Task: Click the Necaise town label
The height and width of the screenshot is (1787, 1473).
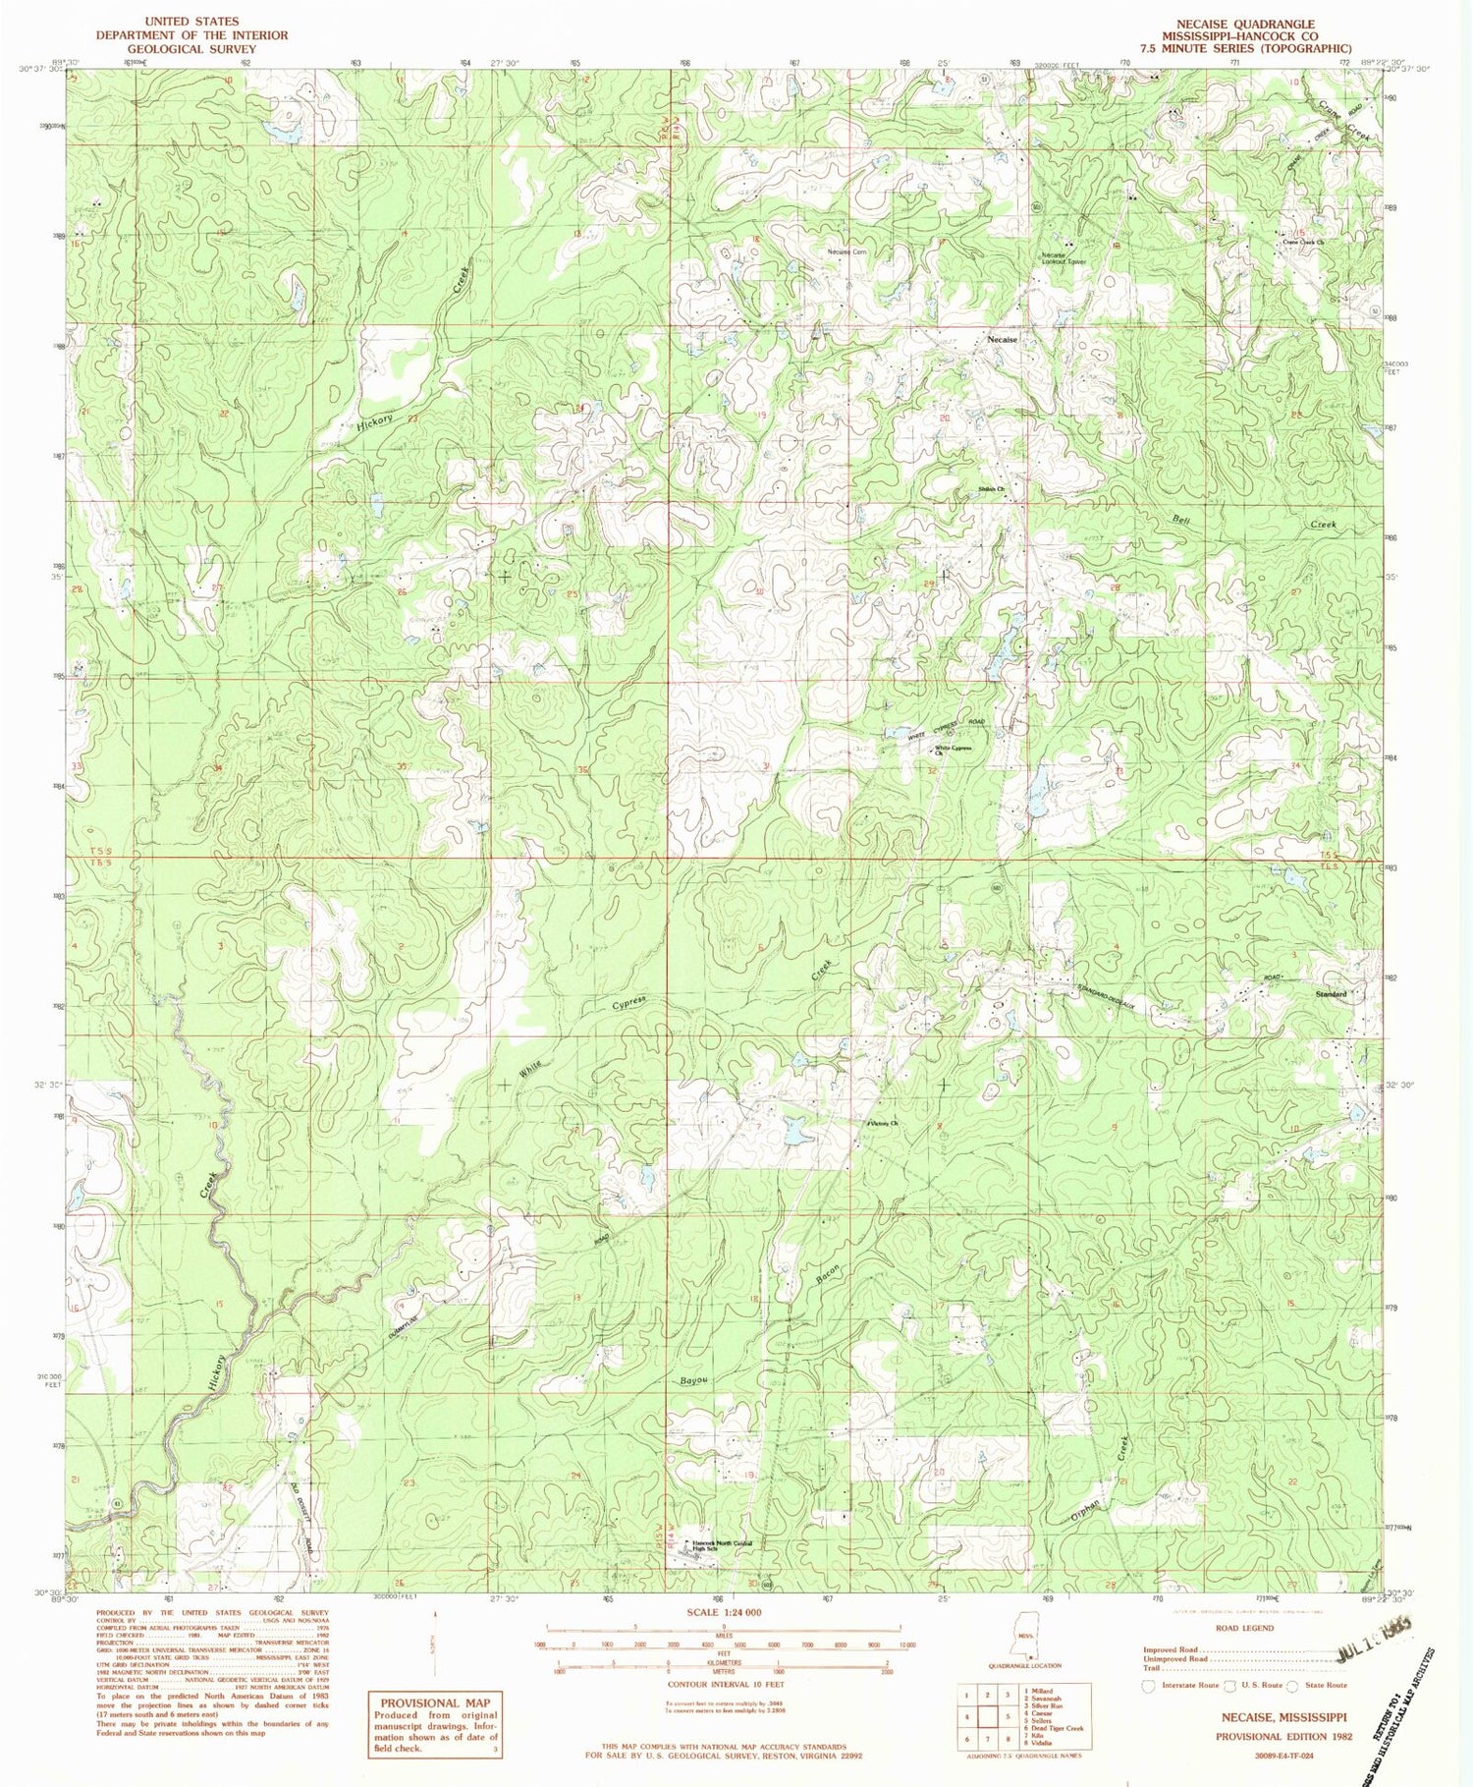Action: point(1002,339)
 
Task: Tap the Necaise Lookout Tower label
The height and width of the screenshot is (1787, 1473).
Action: point(1064,259)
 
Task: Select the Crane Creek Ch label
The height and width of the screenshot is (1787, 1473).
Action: point(1304,243)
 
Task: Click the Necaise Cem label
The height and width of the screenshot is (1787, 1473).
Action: point(846,252)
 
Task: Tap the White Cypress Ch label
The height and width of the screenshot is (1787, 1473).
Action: point(952,752)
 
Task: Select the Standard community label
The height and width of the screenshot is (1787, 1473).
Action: point(1331,994)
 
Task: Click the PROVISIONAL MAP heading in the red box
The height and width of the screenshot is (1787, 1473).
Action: point(433,1703)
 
